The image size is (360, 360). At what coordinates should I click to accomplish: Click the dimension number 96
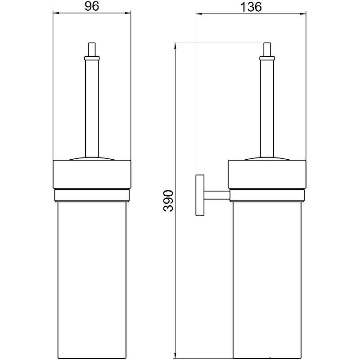[92, 6]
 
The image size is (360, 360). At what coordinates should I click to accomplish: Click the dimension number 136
[251, 7]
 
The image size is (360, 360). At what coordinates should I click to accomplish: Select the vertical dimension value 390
[168, 200]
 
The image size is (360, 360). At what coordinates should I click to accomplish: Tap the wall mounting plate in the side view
[200, 195]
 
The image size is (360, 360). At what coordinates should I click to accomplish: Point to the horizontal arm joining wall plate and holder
[217, 195]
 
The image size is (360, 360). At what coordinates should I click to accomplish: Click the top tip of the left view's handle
[92, 43]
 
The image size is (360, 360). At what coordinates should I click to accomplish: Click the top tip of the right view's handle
[267, 43]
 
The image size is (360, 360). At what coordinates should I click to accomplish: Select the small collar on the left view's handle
[92, 58]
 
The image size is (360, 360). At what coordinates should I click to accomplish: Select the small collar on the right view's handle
[267, 58]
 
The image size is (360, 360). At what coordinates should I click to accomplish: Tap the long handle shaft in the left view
[92, 108]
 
